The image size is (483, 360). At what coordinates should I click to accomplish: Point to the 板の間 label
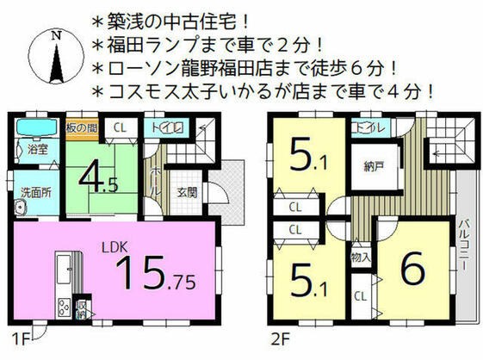[x=81, y=128]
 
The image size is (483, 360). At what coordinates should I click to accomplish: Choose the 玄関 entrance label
[x=186, y=192]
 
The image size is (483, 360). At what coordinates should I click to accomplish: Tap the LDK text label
[x=117, y=247]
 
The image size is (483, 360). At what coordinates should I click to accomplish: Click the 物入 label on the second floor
[x=361, y=257]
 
